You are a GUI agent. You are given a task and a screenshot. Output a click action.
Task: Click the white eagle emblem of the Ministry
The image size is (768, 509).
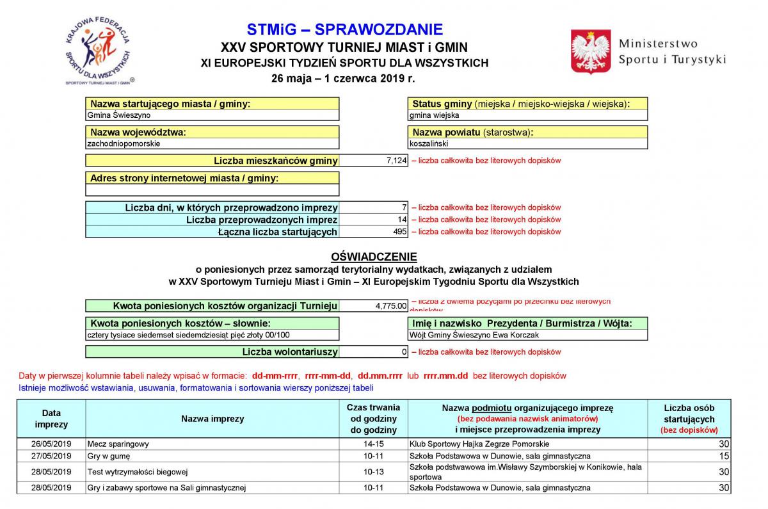(x=590, y=51)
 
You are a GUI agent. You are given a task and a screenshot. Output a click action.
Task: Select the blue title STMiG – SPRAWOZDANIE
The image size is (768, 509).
(x=344, y=29)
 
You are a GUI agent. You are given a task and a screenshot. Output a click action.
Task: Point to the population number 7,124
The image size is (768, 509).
(x=397, y=161)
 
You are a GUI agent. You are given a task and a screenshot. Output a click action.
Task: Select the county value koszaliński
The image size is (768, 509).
(x=431, y=143)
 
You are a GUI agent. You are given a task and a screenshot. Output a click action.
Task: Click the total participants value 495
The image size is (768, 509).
(x=400, y=232)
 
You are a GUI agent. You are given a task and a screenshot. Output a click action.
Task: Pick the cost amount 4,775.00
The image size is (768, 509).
(x=391, y=306)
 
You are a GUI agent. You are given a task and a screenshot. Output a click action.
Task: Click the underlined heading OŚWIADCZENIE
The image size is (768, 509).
(x=374, y=257)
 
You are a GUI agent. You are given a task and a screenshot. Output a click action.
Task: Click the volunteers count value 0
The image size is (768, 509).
(x=404, y=351)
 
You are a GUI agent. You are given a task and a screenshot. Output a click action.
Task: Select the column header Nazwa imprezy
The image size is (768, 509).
(x=212, y=419)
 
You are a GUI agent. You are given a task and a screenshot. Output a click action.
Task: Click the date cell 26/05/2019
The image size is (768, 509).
(x=51, y=444)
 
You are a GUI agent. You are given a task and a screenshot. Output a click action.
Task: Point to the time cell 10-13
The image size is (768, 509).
(x=373, y=472)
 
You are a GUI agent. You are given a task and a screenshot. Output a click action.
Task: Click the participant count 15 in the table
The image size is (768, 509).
(x=724, y=456)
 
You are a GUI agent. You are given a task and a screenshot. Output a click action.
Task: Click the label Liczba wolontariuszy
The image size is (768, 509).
(x=289, y=351)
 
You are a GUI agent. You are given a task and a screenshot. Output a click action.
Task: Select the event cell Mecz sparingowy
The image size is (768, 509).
(x=118, y=444)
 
